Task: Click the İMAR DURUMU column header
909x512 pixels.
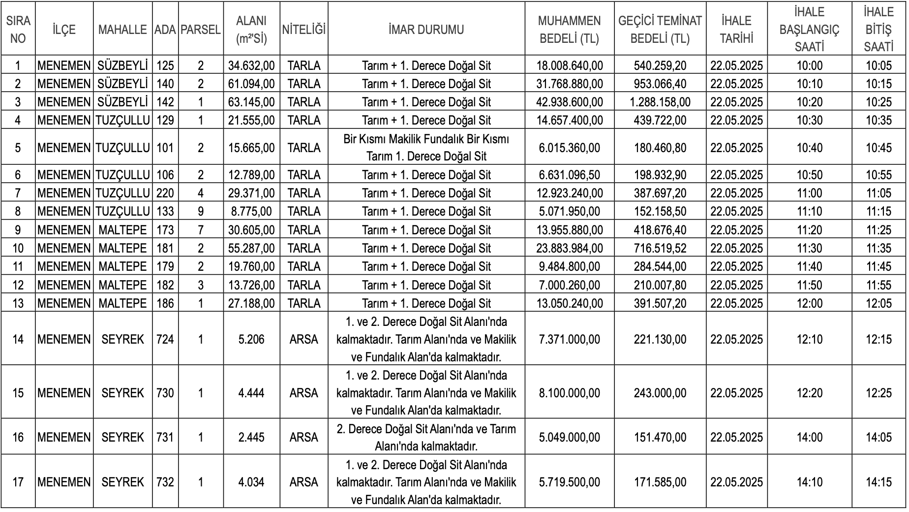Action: [426, 30]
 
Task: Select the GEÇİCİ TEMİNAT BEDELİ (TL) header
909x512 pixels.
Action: [660, 30]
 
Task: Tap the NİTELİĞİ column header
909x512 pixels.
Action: [303, 30]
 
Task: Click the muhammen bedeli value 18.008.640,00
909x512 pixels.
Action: [569, 65]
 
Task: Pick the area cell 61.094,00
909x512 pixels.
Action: [251, 84]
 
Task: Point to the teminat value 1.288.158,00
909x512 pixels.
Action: [660, 102]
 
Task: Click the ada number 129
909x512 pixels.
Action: [165, 120]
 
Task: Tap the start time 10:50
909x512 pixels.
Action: [809, 175]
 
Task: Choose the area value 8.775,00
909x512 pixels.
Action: [251, 211]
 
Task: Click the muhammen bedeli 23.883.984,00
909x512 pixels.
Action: [569, 248]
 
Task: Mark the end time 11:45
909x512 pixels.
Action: [879, 266]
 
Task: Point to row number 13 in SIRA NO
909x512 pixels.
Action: [18, 303]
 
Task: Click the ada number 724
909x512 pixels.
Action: [165, 339]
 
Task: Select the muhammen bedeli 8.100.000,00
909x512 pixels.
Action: [569, 393]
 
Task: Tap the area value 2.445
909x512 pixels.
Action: [251, 437]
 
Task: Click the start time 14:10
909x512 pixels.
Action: [809, 481]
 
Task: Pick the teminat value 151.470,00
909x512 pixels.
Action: [660, 437]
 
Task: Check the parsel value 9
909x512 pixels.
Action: [200, 211]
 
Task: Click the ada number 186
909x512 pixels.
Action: [165, 303]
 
